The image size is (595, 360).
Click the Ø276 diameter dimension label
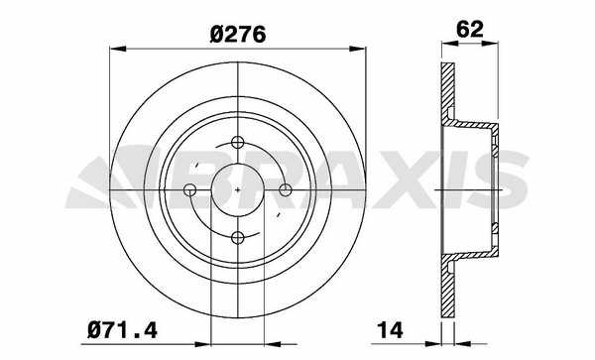click(x=238, y=35)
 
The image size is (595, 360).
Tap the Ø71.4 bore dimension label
click(x=122, y=330)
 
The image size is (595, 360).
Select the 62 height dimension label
click(x=470, y=29)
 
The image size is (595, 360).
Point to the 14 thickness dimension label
click(x=390, y=330)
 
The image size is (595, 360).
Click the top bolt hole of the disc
click(x=238, y=142)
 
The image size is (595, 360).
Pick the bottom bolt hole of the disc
click(x=238, y=238)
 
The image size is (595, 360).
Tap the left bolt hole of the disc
click(x=189, y=190)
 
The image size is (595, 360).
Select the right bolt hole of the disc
click(x=286, y=190)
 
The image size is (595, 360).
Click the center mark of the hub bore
click(x=238, y=190)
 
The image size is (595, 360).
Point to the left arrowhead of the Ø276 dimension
click(x=118, y=49)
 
